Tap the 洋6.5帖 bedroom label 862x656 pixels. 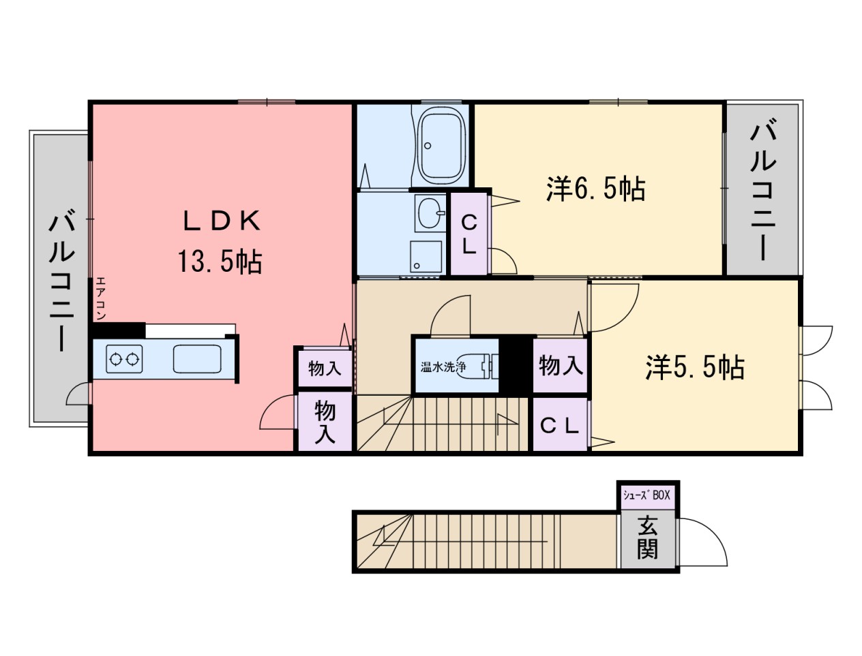[595, 189]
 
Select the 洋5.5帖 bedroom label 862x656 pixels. [695, 367]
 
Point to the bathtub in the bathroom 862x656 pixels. [441, 146]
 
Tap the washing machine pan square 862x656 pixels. [426, 256]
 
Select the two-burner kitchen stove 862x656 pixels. [124, 359]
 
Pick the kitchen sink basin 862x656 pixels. [197, 358]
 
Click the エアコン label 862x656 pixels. [100, 298]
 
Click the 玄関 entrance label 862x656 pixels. [646, 537]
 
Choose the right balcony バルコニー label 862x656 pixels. [762, 187]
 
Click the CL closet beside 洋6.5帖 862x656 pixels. [469, 234]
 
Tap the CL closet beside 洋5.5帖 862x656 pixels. [560, 426]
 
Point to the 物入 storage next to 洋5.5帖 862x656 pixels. [561, 365]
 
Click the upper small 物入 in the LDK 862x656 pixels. [325, 369]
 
